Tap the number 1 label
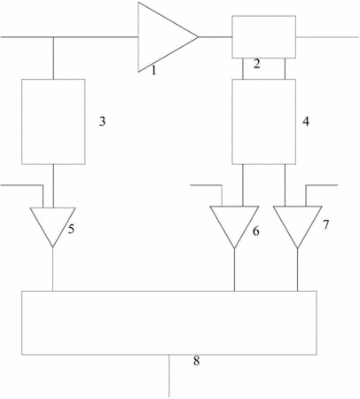click(x=153, y=70)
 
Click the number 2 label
click(x=256, y=64)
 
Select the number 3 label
click(x=102, y=121)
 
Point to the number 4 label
click(x=306, y=121)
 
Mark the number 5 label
click(x=71, y=229)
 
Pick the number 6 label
click(x=255, y=231)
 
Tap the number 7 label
click(x=325, y=224)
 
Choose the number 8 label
click(x=196, y=361)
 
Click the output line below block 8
click(x=169, y=376)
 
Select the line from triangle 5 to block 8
click(x=52, y=269)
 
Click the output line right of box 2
click(x=327, y=37)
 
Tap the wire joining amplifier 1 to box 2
click(x=215, y=37)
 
